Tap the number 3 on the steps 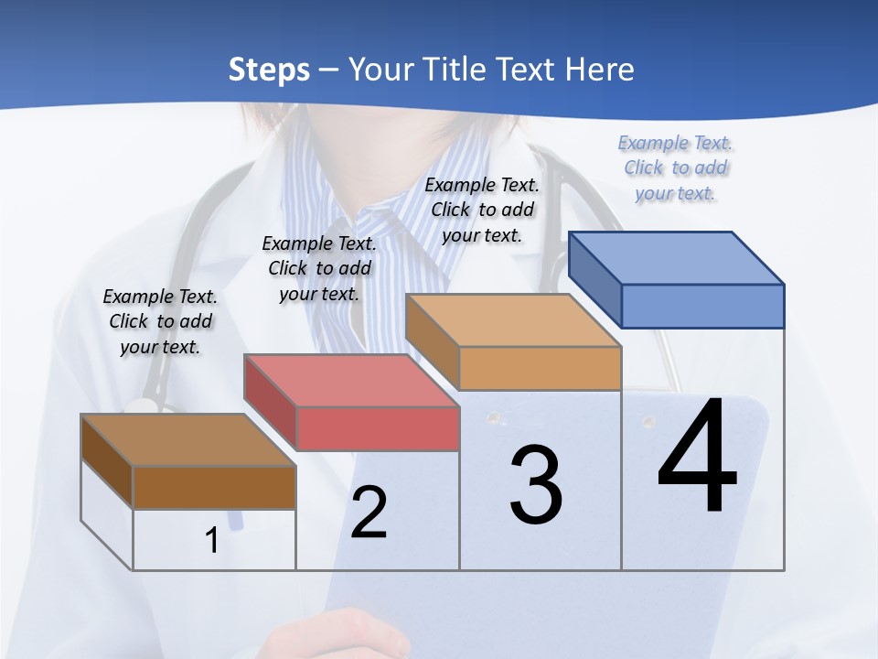coord(536,485)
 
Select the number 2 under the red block coord(369,513)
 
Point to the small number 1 coord(211,541)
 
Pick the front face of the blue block coord(702,306)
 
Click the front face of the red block coord(378,428)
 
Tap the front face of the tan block coord(540,368)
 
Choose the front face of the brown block coord(214,487)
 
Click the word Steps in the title coord(269,70)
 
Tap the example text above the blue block coord(675,168)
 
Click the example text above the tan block coord(482,210)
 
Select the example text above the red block coord(319,268)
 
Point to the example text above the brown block coord(160,321)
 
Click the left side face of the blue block coord(594,279)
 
